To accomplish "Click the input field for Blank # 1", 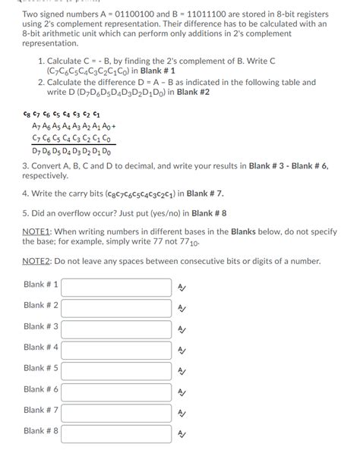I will pyautogui.click(x=116, y=287).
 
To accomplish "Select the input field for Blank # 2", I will pyautogui.click(x=116, y=307).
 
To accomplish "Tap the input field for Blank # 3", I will pyautogui.click(x=116, y=329).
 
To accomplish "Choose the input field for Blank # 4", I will pyautogui.click(x=116, y=350).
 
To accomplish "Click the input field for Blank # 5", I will pyautogui.click(x=116, y=370).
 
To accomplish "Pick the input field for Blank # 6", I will pyautogui.click(x=116, y=392).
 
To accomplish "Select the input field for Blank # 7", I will pyautogui.click(x=116, y=413).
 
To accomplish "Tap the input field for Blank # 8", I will pyautogui.click(x=116, y=433).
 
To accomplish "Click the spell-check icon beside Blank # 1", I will pyautogui.click(x=181, y=287).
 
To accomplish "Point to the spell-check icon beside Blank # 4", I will pyautogui.click(x=181, y=350).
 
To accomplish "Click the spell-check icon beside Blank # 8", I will pyautogui.click(x=181, y=433).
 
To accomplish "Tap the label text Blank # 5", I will pyautogui.click(x=41, y=368).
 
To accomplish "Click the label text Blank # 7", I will pyautogui.click(x=41, y=411).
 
